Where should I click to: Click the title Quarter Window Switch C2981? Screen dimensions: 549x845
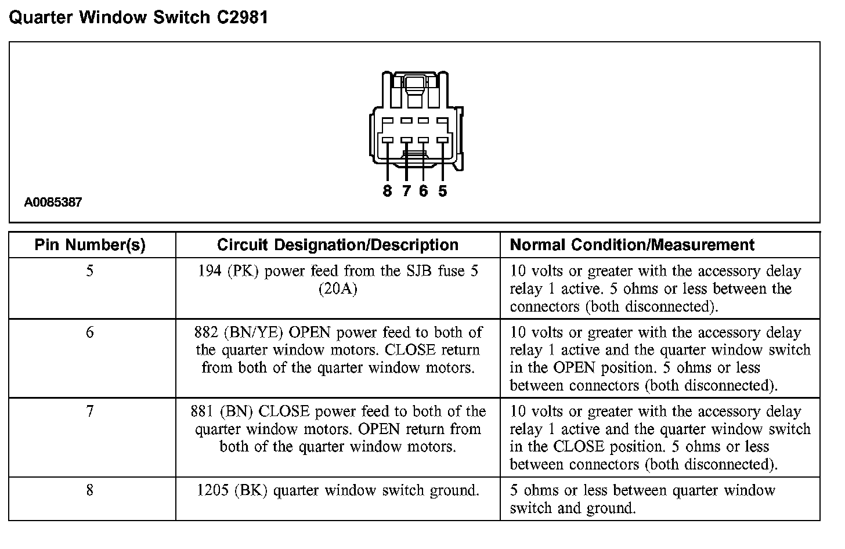[139, 17]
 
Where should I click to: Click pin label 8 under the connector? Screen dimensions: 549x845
[388, 191]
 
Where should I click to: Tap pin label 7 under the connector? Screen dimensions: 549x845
[406, 191]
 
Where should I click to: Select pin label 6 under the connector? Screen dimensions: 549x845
[424, 191]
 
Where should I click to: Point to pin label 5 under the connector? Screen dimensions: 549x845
[443, 191]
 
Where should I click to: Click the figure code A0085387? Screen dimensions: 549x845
[53, 203]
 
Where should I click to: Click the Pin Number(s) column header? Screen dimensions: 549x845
[90, 245]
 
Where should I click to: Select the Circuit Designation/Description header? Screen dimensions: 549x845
[338, 245]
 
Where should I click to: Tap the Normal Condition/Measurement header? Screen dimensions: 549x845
[632, 245]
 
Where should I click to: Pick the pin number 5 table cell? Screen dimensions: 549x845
[90, 271]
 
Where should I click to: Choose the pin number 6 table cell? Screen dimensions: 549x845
[90, 333]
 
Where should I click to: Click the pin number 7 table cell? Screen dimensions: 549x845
[90, 411]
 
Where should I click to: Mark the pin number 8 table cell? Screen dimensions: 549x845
[90, 490]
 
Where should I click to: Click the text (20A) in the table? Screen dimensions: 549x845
[338, 289]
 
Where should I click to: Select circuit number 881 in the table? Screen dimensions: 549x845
[203, 411]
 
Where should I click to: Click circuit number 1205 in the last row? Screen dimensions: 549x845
[213, 490]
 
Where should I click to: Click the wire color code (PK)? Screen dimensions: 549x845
[243, 271]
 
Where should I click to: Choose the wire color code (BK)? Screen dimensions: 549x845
[251, 490]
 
